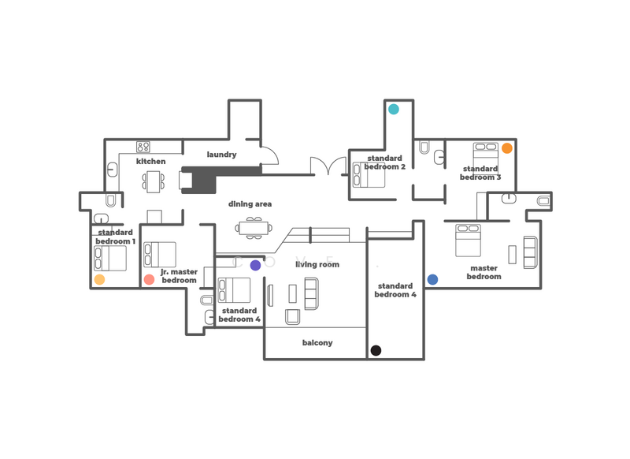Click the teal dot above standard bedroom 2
point(393,109)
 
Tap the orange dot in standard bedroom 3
point(507,147)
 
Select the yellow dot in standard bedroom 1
point(99,279)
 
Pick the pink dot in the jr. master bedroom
point(149,279)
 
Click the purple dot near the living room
point(255,266)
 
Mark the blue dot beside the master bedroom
point(432,279)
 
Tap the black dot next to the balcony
point(376,350)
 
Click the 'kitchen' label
point(150,161)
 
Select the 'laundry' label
point(221,155)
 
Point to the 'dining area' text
point(250,204)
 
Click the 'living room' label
point(317,264)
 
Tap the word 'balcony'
point(317,343)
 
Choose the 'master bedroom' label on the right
point(484,272)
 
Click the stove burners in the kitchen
point(143,147)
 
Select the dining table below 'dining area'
point(254,229)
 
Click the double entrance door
point(328,166)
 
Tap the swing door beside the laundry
point(269,157)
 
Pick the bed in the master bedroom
point(468,241)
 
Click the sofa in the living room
point(311,293)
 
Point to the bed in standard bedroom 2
point(369,174)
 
